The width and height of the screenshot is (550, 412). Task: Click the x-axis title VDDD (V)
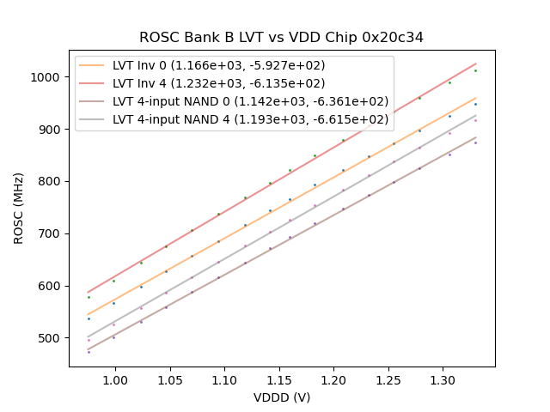(x=282, y=397)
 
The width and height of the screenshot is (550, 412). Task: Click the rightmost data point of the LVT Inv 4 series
(x=475, y=70)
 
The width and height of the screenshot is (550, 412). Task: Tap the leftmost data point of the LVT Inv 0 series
(x=89, y=318)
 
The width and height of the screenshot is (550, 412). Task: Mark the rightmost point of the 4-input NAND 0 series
(x=475, y=142)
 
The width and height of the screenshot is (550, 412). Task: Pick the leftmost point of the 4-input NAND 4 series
(x=89, y=340)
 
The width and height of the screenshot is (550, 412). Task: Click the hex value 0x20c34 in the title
(x=391, y=38)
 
